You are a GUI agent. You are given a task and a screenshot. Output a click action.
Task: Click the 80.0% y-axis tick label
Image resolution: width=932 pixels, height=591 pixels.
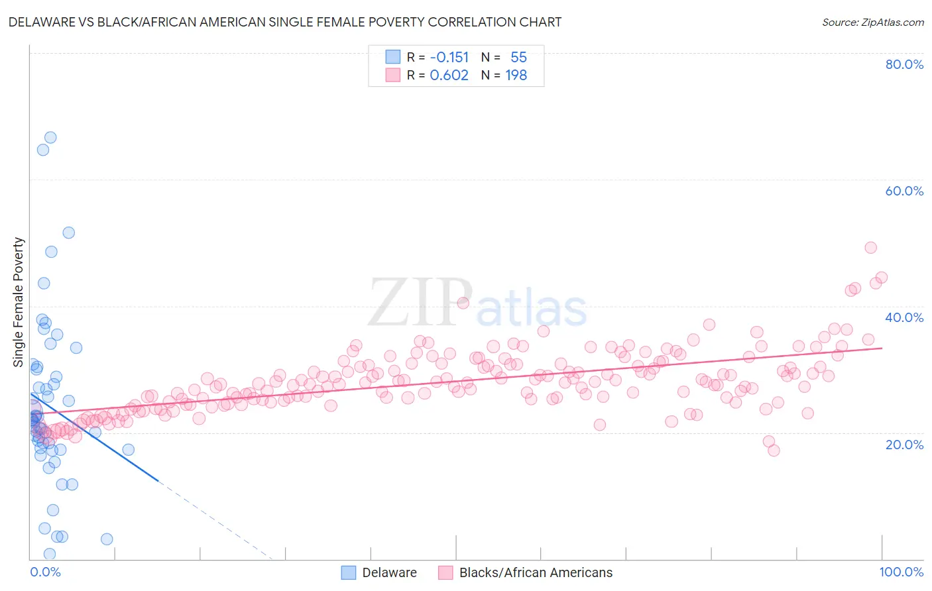pyautogui.click(x=903, y=64)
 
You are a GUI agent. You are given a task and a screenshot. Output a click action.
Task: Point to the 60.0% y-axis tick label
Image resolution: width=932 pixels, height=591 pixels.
pyautogui.click(x=903, y=191)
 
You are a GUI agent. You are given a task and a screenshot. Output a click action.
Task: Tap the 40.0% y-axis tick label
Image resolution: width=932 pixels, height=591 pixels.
pyautogui.click(x=903, y=317)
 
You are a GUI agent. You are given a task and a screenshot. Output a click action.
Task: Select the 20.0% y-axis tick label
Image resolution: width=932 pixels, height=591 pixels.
pyautogui.click(x=903, y=444)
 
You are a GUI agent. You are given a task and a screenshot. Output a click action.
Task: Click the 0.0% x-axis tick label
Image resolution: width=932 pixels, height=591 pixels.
pyautogui.click(x=45, y=572)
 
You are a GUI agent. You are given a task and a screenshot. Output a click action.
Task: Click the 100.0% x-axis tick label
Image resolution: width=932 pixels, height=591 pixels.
pyautogui.click(x=901, y=572)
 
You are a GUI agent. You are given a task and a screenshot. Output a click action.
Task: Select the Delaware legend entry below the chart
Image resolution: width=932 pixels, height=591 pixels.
pyautogui.click(x=379, y=572)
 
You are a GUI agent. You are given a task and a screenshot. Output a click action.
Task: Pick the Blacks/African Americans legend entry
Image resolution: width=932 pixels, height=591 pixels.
pyautogui.click(x=526, y=572)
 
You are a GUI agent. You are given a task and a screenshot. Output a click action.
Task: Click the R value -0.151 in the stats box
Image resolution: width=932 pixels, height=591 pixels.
pyautogui.click(x=449, y=58)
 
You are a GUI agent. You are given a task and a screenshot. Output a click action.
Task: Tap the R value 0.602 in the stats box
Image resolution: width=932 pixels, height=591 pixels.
pyautogui.click(x=449, y=76)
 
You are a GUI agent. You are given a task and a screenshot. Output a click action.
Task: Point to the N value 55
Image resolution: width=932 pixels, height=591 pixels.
pyautogui.click(x=518, y=58)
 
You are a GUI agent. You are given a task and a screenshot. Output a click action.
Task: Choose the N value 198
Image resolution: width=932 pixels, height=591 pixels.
pyautogui.click(x=516, y=76)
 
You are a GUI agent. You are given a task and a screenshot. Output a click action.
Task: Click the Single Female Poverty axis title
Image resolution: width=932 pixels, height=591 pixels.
pyautogui.click(x=19, y=302)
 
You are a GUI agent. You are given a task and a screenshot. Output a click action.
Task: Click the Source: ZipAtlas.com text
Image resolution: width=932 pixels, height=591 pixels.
pyautogui.click(x=872, y=23)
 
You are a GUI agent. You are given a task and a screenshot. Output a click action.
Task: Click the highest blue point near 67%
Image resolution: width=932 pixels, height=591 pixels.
pyautogui.click(x=50, y=138)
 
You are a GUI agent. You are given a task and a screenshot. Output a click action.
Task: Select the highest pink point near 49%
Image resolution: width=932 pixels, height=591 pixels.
pyautogui.click(x=870, y=248)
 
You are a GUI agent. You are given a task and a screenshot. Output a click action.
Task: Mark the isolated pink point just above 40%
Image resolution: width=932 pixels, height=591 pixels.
pyautogui.click(x=463, y=303)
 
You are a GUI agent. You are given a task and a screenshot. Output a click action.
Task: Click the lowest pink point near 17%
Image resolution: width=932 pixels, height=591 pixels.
pyautogui.click(x=774, y=451)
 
